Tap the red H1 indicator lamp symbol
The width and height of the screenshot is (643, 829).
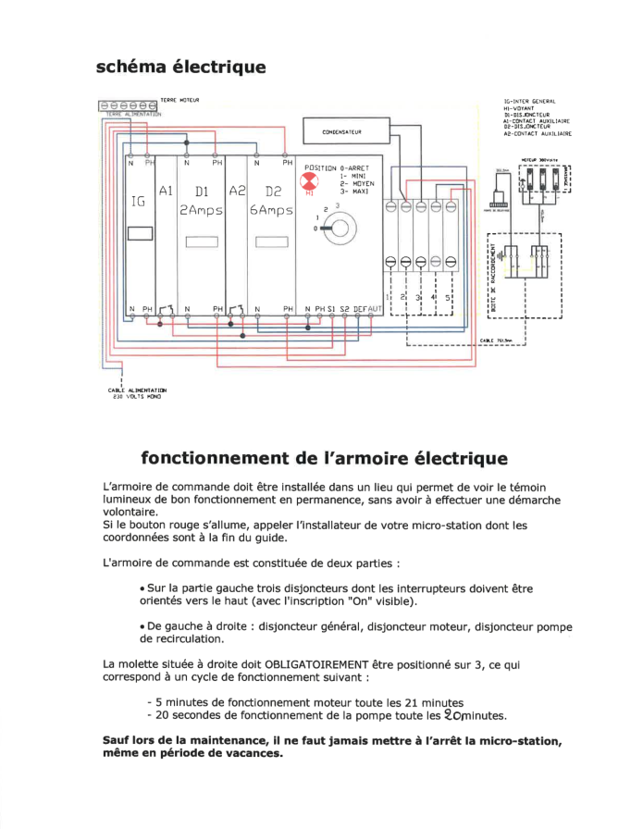coord(311,181)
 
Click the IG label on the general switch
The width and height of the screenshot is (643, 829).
coord(139,201)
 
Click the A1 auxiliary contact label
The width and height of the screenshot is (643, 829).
coord(167,192)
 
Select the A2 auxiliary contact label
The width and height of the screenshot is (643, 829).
coord(236,192)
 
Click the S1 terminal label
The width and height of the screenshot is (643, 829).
coord(331,308)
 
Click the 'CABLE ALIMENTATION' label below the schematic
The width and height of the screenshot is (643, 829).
coord(137,391)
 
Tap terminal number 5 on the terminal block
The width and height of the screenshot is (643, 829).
coord(448,298)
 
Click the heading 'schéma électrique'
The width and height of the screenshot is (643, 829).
coord(180,68)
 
